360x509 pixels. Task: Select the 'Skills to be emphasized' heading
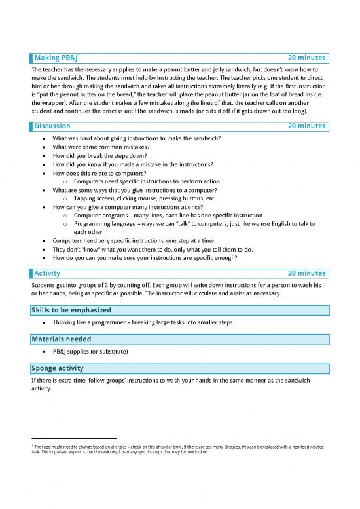coord(71,310)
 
